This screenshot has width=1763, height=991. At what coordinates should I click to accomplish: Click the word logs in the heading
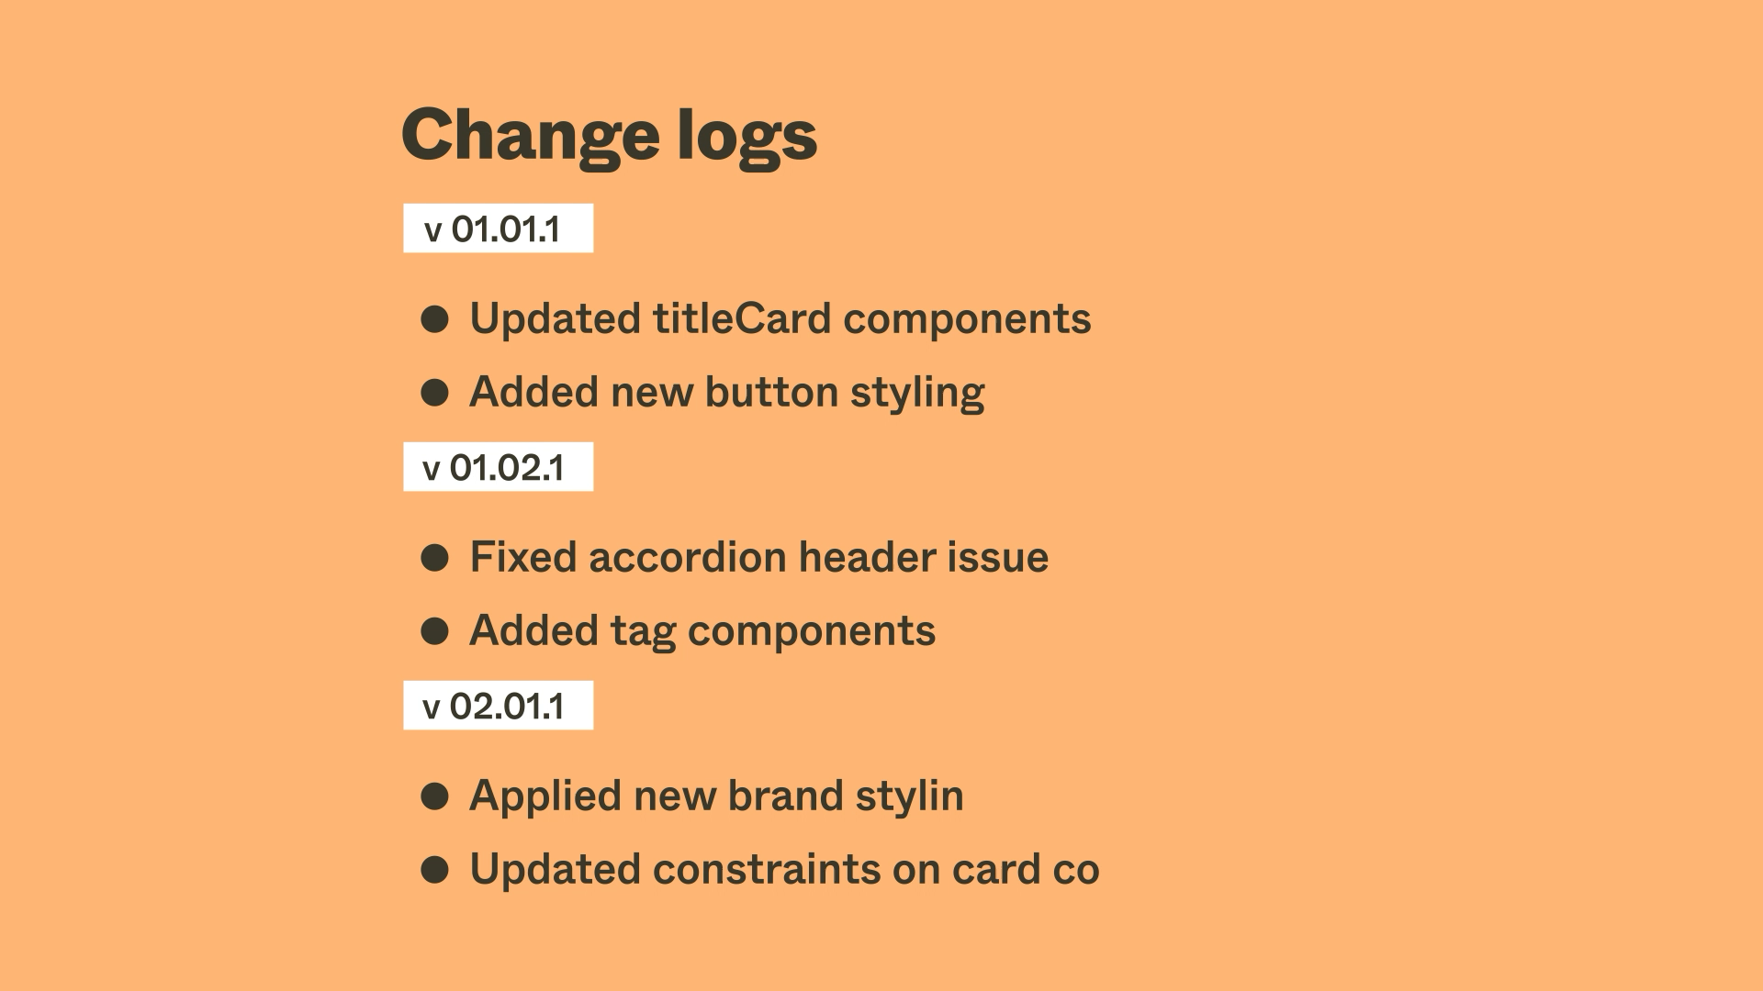pos(747,136)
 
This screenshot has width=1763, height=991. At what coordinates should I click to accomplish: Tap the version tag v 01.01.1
pos(498,228)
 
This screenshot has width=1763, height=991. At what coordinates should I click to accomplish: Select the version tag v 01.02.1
pos(498,467)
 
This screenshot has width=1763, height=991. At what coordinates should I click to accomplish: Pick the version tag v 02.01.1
pos(498,706)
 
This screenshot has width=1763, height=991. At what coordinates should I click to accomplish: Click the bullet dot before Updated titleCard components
pos(434,319)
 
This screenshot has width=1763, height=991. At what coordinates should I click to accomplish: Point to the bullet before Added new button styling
pos(434,393)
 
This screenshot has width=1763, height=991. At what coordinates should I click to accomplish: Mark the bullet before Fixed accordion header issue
pos(434,558)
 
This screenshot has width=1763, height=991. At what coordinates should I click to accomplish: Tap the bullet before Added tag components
pos(434,631)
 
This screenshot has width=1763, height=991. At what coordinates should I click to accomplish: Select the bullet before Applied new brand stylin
pos(434,796)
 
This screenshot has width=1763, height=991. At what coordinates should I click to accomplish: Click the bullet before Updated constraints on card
pos(434,870)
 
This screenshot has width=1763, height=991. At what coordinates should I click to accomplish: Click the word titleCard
pos(742,319)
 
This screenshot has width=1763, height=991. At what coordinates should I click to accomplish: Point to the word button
pos(771,392)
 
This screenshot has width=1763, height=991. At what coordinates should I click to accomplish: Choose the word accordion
pos(688,557)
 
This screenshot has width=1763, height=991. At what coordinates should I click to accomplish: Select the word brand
pos(785,796)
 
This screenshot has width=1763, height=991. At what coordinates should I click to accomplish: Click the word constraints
pos(767,870)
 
